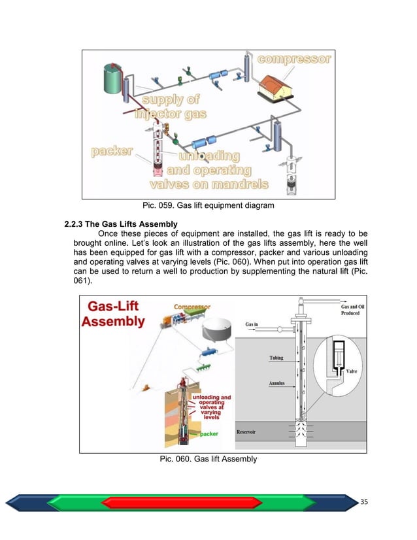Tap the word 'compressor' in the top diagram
pyautogui.click(x=294, y=59)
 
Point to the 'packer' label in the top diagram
pyautogui.click(x=112, y=152)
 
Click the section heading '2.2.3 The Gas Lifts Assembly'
pyautogui.click(x=122, y=226)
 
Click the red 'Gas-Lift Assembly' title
pyautogui.click(x=116, y=312)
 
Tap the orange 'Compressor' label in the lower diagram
pyautogui.click(x=192, y=307)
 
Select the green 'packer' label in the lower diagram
pyautogui.click(x=208, y=433)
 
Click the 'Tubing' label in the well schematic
pyautogui.click(x=276, y=358)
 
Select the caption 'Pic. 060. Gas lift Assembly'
pyautogui.click(x=208, y=459)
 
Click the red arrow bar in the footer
pyautogui.click(x=190, y=502)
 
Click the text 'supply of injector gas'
pyautogui.click(x=171, y=107)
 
